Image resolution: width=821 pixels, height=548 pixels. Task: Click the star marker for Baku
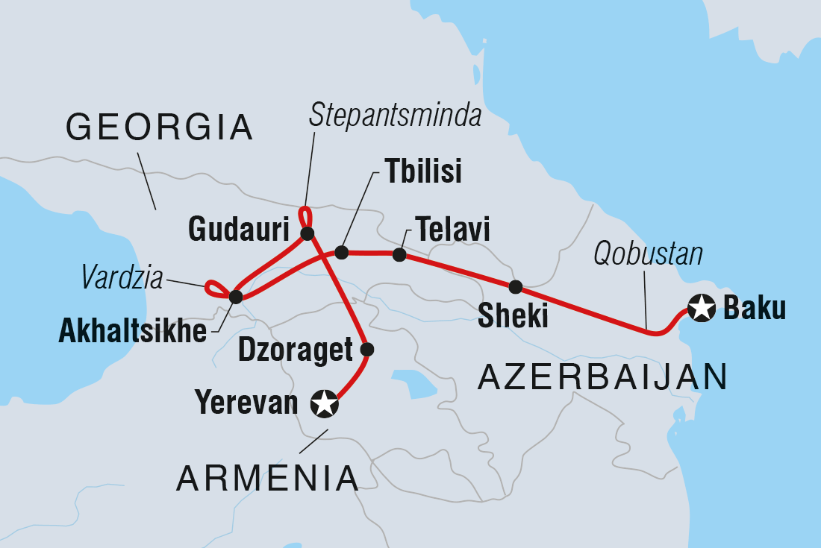pos(701,308)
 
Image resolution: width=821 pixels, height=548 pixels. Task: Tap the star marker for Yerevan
pos(325,404)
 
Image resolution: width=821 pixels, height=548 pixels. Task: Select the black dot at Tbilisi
pos(342,253)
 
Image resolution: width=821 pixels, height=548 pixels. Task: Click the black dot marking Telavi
pos(399,255)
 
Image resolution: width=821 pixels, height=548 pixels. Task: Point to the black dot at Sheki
pos(515,286)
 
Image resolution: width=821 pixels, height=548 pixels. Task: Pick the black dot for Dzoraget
pos(366,349)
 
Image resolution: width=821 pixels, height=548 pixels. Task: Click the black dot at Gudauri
pos(307,233)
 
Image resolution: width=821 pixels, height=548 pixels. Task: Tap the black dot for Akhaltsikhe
pos(236,297)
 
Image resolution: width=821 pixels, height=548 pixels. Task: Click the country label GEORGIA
pos(159,127)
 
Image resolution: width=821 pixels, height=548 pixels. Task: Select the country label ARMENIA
pos(267,478)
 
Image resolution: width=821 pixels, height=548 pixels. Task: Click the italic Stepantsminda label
pos(396,116)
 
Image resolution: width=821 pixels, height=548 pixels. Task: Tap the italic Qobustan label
pos(648,255)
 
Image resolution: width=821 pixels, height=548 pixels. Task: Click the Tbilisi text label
pos(423,171)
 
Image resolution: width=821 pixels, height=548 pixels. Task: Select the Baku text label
pos(754,309)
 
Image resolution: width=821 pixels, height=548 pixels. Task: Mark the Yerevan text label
pos(246,403)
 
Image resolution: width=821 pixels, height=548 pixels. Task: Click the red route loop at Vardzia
pos(215,288)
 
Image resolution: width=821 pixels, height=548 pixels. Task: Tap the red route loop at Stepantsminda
pos(304,216)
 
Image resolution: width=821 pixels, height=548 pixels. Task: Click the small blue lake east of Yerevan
pos(414,382)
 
